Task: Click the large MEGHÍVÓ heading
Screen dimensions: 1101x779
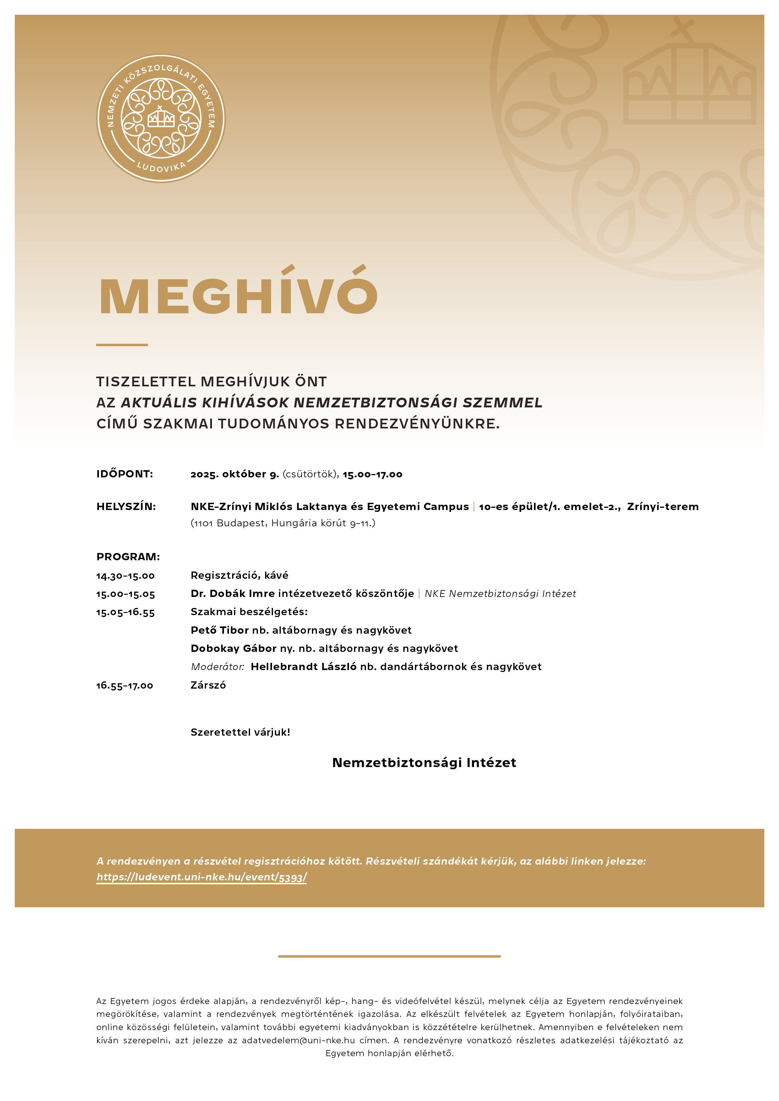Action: coord(238,294)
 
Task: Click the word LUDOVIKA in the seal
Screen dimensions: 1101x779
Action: coord(161,167)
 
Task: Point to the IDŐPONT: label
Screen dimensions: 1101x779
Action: coord(125,474)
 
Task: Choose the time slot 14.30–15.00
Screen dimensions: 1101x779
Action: coord(125,575)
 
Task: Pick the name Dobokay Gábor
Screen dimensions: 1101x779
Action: coord(234,648)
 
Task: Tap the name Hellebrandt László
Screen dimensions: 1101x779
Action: coord(303,667)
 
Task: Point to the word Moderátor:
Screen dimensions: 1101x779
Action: coord(217,667)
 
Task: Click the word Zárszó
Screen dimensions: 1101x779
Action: coord(208,685)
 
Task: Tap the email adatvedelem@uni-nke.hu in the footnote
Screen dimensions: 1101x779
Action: coord(298,1040)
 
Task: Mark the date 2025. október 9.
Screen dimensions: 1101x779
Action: coord(235,474)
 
